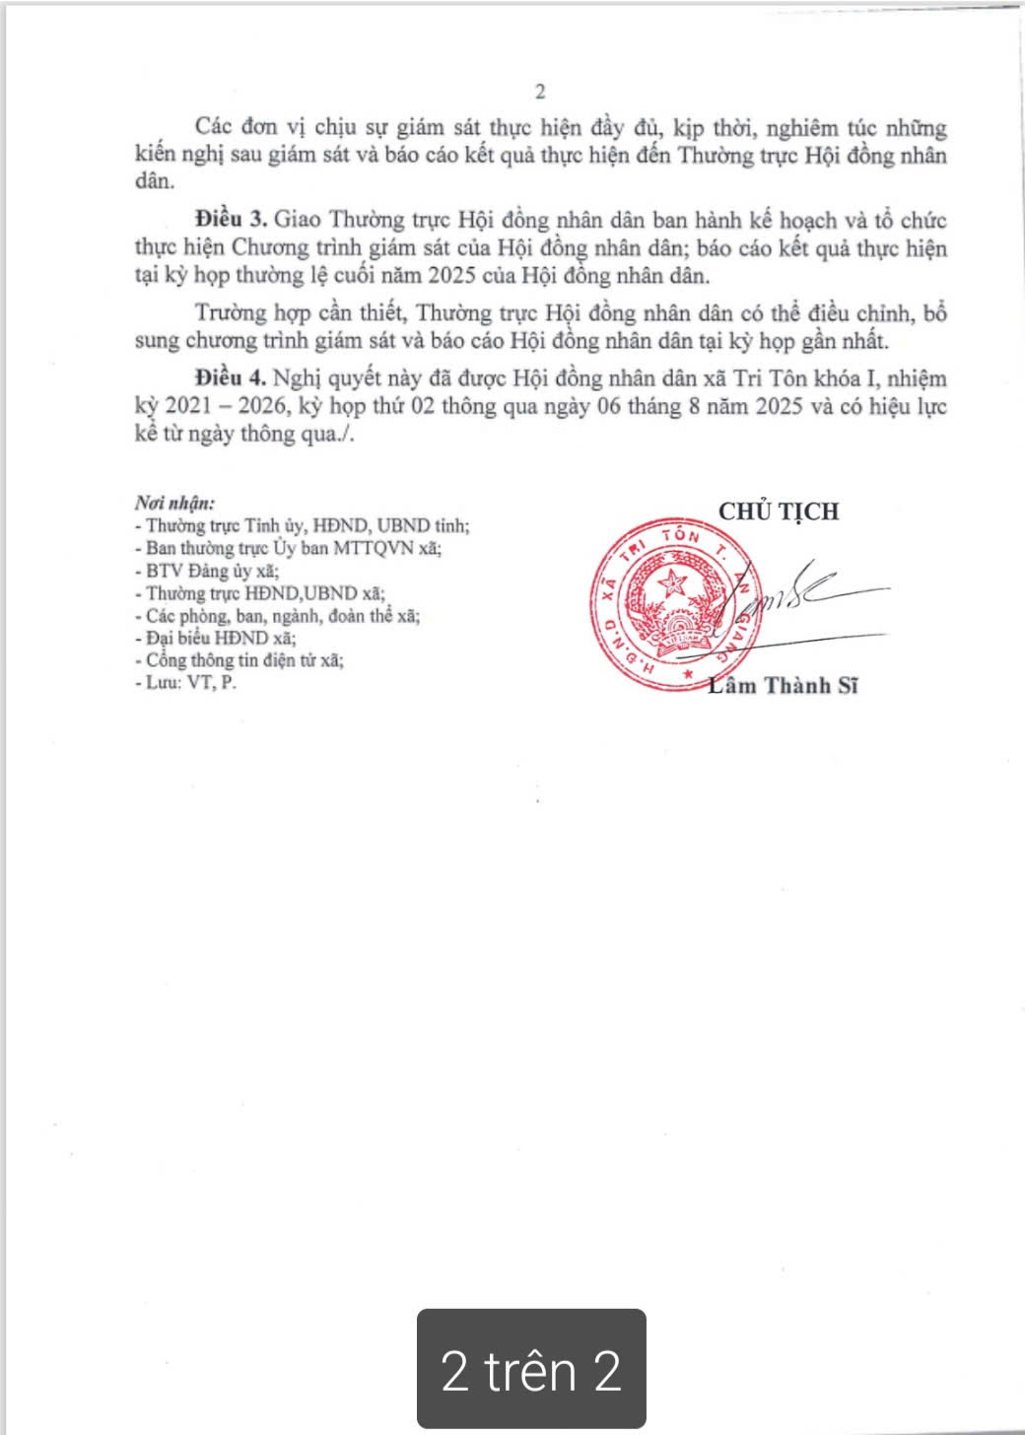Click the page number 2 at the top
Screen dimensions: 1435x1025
(x=539, y=93)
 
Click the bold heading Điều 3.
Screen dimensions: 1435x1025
(x=231, y=220)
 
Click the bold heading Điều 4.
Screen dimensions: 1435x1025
(x=231, y=378)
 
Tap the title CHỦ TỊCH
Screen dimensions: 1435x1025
(x=779, y=512)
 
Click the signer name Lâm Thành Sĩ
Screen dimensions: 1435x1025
(x=783, y=686)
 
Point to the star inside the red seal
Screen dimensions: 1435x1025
(x=676, y=581)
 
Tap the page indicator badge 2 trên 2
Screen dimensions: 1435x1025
(x=531, y=1370)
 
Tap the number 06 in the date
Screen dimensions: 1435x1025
(x=610, y=406)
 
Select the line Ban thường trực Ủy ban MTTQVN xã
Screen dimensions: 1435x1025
(x=293, y=548)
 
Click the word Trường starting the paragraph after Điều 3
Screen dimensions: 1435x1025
(x=229, y=313)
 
